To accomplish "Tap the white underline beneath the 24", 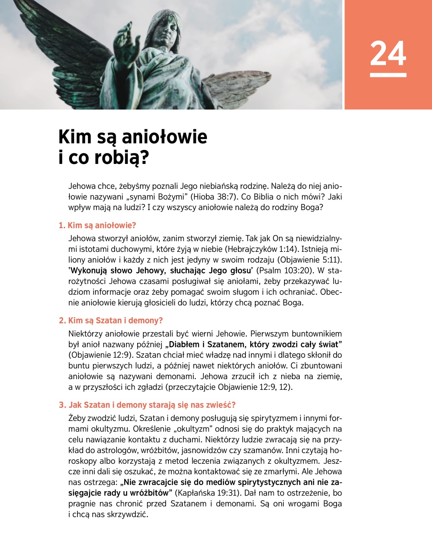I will [x=388, y=75].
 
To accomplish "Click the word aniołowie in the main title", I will [x=165, y=137].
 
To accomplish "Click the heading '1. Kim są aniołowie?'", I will [x=98, y=226].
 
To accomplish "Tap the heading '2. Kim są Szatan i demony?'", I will [x=111, y=321].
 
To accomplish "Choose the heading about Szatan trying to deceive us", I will [x=147, y=405].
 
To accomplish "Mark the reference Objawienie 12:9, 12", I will [x=255, y=387].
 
